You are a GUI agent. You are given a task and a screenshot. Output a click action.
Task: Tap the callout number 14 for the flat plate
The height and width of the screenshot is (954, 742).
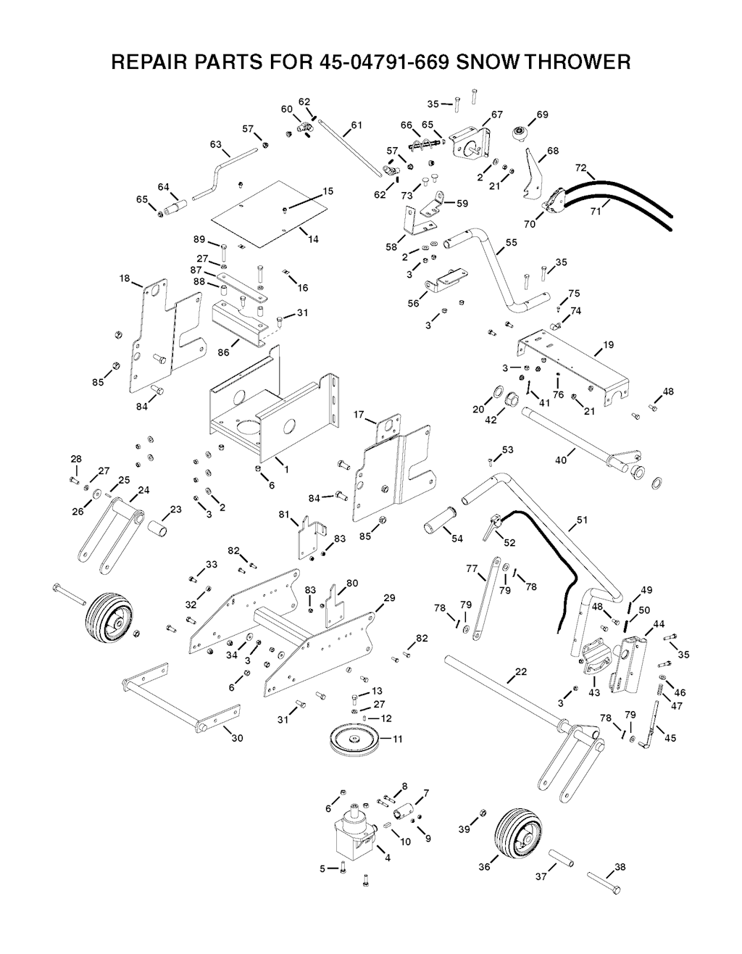(x=313, y=239)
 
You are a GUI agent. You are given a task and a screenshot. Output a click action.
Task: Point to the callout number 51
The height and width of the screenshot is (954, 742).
(x=583, y=520)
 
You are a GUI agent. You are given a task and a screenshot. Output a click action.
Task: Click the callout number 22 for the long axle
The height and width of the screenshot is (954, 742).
(x=520, y=672)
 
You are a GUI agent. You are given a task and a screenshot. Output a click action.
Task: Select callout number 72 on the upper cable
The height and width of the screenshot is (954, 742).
(x=580, y=168)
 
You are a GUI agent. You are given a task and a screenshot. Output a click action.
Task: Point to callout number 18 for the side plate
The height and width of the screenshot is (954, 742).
(x=125, y=278)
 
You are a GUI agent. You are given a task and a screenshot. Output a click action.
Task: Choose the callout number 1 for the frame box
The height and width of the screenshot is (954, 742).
(x=287, y=469)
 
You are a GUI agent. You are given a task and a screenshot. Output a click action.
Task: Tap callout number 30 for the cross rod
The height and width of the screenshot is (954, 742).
(x=237, y=738)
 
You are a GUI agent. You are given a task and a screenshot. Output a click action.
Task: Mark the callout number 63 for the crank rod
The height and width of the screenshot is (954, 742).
(x=216, y=144)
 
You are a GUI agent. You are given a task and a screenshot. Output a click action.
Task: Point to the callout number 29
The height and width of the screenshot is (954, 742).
(x=389, y=598)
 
